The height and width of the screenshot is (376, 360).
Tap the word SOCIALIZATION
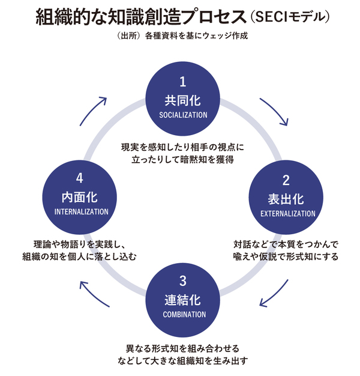[184, 114]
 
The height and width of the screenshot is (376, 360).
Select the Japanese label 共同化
[184, 100]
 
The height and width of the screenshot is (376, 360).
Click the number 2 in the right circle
[286, 180]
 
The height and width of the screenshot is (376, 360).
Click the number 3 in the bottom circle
[184, 280]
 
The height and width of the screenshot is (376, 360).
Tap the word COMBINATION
[184, 314]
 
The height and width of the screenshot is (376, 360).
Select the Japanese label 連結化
[184, 300]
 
